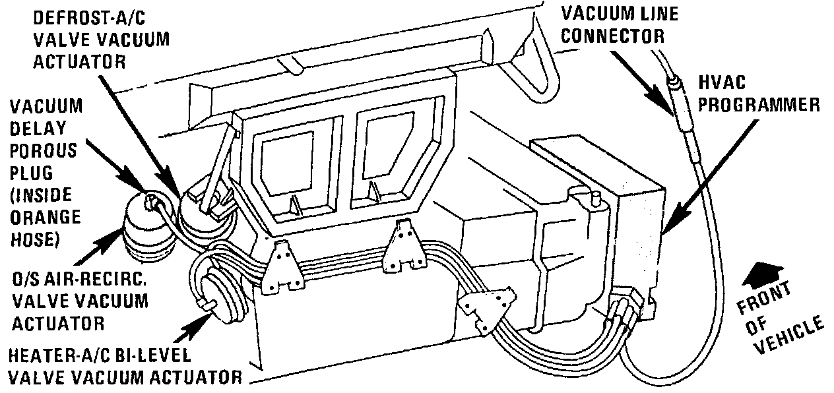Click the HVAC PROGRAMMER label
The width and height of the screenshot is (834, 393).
pos(759,93)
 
